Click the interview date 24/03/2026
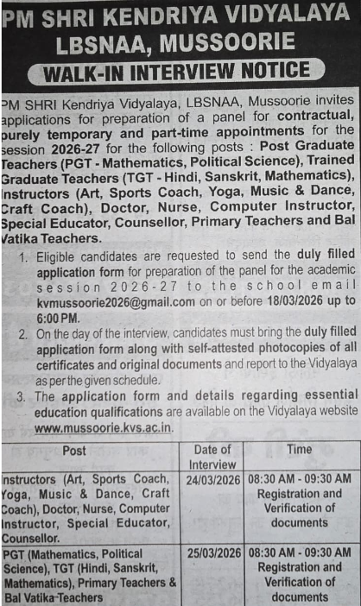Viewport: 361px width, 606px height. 212,478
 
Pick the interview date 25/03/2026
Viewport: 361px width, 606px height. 212,552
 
